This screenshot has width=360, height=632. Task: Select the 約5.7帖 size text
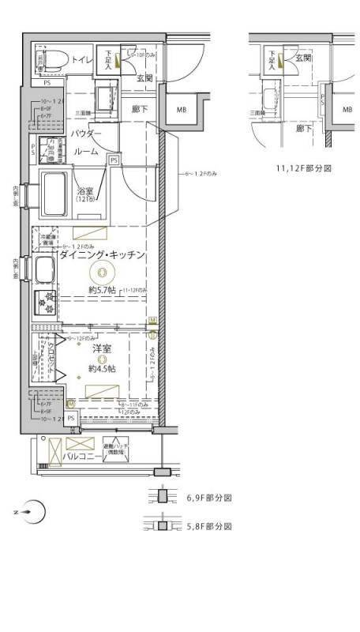[x=102, y=291]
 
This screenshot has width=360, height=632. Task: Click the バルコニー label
[x=82, y=457]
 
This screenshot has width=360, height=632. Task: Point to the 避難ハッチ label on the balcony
[x=114, y=447]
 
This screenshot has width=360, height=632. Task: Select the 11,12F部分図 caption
[x=302, y=168]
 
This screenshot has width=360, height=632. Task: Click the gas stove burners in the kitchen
[x=43, y=303]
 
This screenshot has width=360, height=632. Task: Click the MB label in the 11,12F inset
[x=347, y=110]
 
